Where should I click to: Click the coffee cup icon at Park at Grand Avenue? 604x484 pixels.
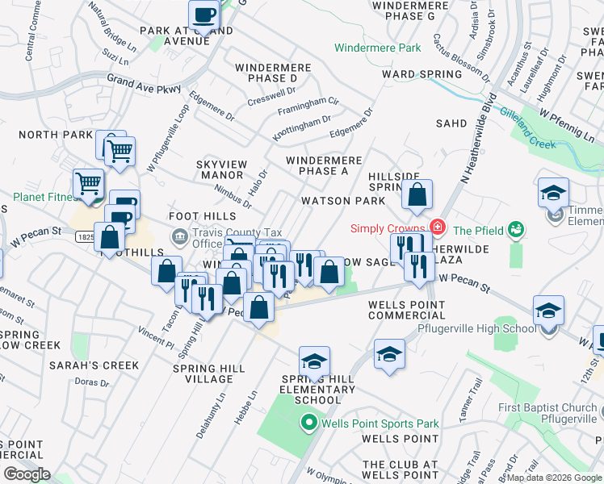click(x=204, y=15)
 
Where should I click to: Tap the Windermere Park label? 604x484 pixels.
click(x=378, y=48)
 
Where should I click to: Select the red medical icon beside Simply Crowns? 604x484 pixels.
click(x=438, y=228)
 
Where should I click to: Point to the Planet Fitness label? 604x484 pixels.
click(x=40, y=197)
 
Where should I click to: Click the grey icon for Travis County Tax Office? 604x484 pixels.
click(x=178, y=236)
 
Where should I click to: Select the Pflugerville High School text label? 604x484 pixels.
click(x=476, y=328)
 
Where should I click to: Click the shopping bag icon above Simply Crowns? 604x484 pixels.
click(x=417, y=195)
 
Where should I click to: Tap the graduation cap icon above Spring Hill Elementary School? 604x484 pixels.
click(x=315, y=361)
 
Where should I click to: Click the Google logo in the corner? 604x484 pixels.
click(x=26, y=474)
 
